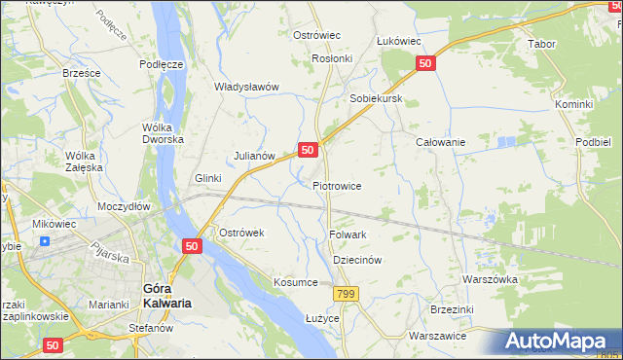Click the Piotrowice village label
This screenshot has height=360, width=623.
(x=337, y=186)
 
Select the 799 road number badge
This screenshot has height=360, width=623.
(x=345, y=294)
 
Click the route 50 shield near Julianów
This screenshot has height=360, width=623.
(x=307, y=150)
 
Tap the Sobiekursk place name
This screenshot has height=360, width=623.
(x=376, y=100)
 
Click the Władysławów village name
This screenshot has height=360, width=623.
(x=246, y=87)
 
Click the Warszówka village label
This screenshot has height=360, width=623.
(x=490, y=279)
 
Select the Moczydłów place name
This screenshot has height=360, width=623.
(x=123, y=207)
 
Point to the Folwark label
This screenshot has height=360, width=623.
(x=348, y=234)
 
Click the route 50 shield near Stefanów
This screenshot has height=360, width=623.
(x=53, y=344)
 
